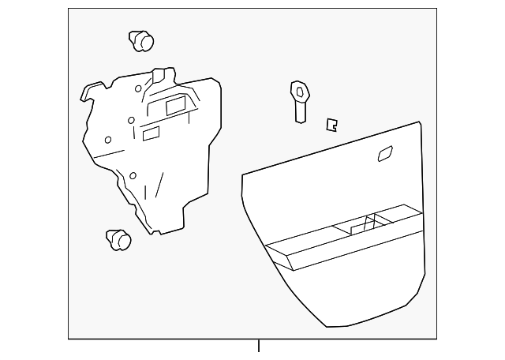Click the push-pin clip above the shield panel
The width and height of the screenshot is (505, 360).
point(140,39)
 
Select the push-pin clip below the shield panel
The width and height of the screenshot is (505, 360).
point(117,238)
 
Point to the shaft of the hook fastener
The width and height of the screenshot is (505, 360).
point(301,111)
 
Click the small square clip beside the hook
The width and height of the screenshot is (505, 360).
point(332,123)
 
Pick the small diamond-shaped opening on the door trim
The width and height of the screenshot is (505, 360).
point(386,154)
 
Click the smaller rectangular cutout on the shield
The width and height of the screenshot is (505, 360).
point(150,134)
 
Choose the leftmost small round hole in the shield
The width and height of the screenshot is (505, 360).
point(108,140)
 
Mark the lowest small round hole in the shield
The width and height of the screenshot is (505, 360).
point(133,175)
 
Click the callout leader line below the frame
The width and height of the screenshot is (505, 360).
point(258,347)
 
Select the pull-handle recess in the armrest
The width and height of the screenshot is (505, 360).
point(359,227)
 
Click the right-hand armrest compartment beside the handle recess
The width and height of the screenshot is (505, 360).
point(398,217)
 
